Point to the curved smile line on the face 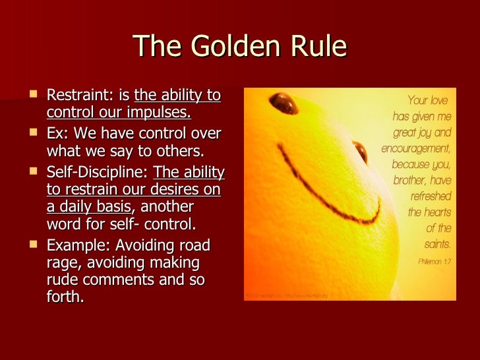[323, 198]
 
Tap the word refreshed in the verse [431, 196]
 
